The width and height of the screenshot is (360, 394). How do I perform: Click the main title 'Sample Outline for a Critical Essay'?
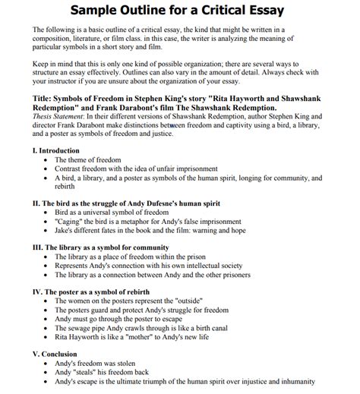[180, 11]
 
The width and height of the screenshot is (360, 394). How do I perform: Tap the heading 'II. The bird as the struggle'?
[122, 204]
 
